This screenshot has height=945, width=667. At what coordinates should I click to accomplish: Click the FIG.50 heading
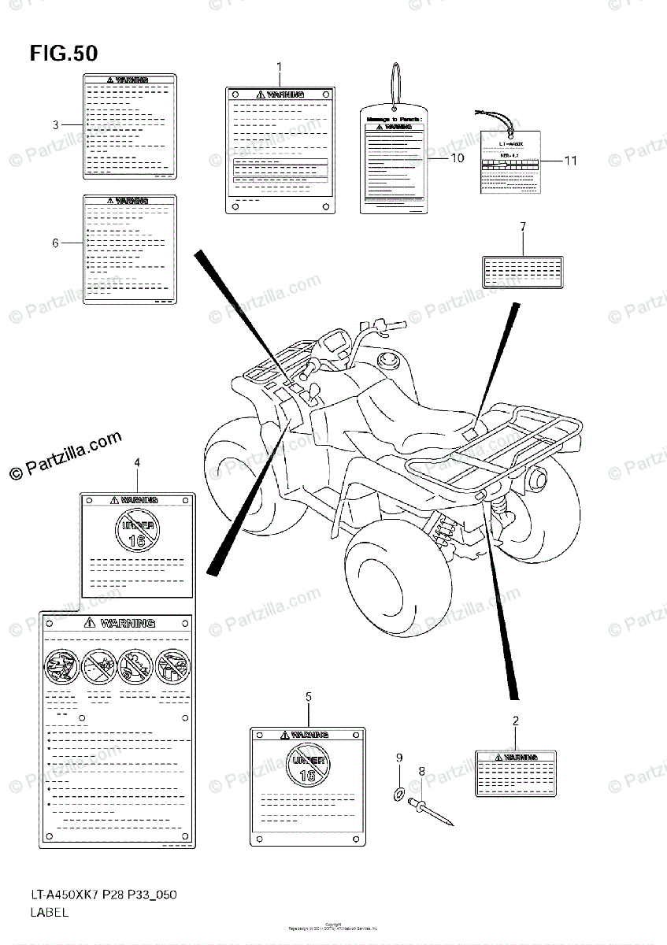click(64, 54)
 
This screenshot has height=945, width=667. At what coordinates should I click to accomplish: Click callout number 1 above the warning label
click(279, 67)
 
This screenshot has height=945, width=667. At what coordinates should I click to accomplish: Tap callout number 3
click(56, 124)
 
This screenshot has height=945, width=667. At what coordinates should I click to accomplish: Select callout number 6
click(55, 243)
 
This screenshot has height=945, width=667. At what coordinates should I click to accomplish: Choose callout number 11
click(571, 161)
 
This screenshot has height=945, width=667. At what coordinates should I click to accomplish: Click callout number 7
click(522, 227)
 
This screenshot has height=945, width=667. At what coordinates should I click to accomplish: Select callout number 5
click(308, 697)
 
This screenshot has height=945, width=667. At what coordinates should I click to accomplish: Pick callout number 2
click(515, 720)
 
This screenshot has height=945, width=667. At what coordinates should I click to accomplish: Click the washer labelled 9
click(399, 791)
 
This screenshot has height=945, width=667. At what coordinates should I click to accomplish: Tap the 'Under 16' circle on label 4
click(137, 529)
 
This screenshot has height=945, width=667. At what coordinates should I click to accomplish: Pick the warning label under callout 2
click(515, 773)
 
